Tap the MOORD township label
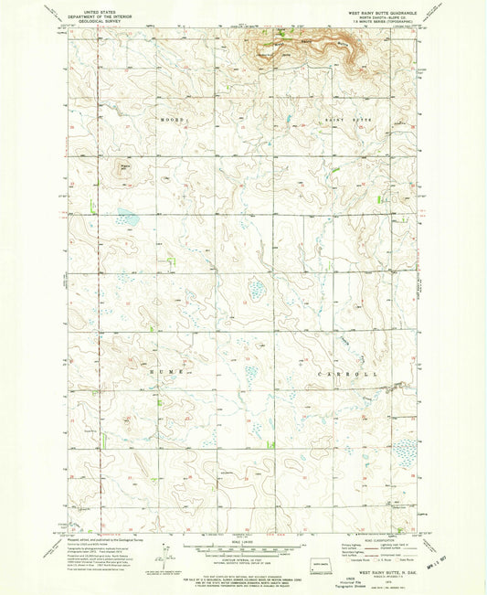[174, 120]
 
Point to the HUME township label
[160, 374]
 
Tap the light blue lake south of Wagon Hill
[128, 218]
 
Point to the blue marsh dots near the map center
[258, 292]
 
